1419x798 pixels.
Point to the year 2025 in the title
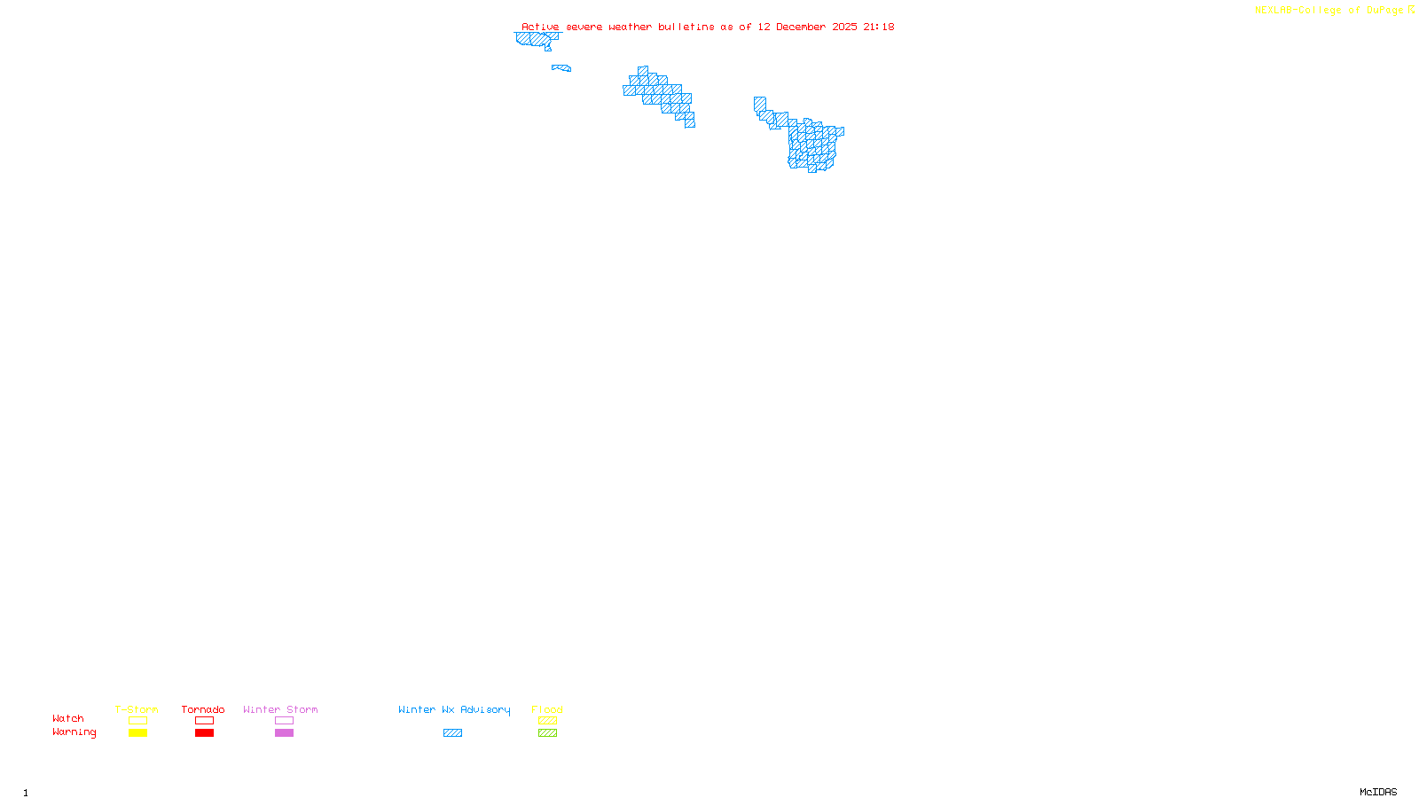pos(844,27)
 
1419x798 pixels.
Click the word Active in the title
pos(540,27)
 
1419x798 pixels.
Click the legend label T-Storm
pos(137,709)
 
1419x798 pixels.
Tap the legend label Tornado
pos(203,709)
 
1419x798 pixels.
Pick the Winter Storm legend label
pos(280,709)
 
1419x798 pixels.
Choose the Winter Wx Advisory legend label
pos(454,709)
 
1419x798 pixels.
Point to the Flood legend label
pos(547,709)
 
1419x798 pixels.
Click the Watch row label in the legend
pos(68,718)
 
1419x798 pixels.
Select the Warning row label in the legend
pos(74,732)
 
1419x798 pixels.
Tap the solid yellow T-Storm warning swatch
pos(137,733)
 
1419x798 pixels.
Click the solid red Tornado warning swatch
pos(204,733)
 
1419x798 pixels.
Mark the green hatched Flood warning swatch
pos(547,733)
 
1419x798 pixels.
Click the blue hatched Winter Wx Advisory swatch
pos(452,733)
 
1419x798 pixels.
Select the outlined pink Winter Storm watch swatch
pos(284,721)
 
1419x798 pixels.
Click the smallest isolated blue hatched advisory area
pos(561,67)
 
